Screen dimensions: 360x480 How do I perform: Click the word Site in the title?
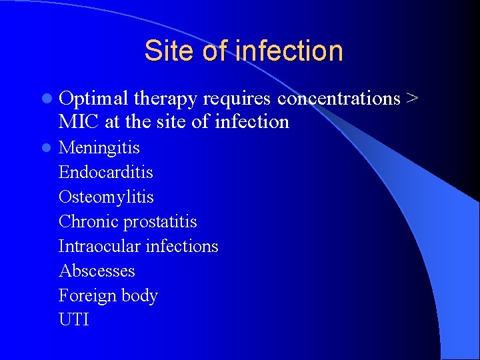168,51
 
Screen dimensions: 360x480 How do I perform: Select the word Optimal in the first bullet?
93,99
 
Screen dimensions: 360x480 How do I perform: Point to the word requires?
237,99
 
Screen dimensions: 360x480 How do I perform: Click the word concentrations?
339,99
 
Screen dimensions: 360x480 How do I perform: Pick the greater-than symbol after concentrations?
412,99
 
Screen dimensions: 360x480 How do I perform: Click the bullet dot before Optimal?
45,99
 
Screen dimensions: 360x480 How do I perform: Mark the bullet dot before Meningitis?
45,147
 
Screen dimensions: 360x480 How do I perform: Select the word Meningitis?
99,147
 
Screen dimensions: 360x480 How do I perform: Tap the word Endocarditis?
106,172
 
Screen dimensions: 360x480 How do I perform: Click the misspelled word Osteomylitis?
106,197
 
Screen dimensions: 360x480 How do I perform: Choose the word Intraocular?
99,246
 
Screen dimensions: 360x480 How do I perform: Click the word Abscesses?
97,271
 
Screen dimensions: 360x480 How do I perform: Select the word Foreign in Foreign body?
85,295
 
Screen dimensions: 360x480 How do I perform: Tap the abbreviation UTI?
73,320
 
